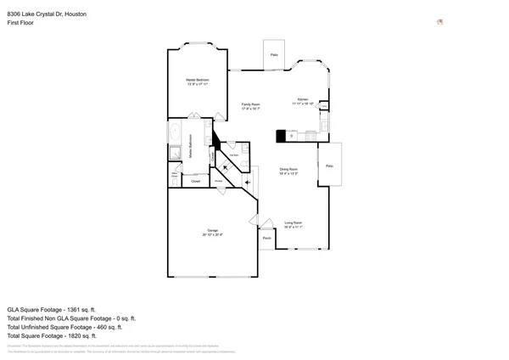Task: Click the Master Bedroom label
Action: coord(197,82)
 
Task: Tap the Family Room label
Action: coord(250,106)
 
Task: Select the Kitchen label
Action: coord(303,101)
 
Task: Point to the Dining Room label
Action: coord(290,172)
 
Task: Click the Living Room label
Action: coord(293,225)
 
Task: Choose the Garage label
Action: coord(212,232)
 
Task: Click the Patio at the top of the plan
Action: coord(274,54)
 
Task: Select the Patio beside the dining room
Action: coord(329,166)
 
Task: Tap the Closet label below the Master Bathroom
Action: coord(195,181)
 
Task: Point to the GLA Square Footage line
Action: coord(52,309)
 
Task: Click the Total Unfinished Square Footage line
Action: coord(64,327)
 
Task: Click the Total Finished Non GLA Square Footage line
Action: coord(70,318)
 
